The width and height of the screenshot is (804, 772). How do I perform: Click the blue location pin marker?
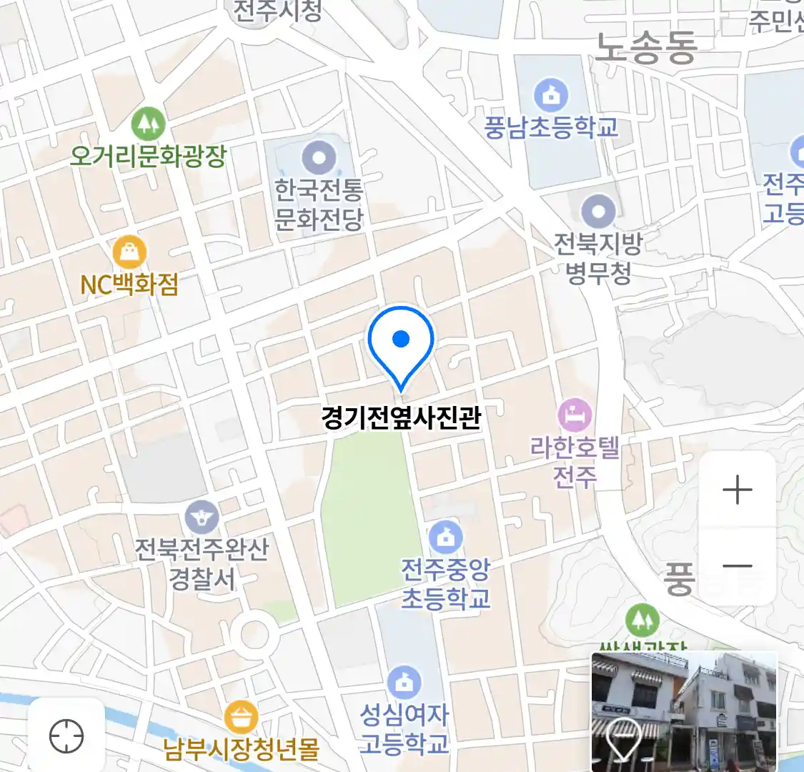click(401, 343)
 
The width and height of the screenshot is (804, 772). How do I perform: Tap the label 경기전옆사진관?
click(401, 417)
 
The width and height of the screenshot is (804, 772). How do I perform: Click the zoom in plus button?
click(737, 490)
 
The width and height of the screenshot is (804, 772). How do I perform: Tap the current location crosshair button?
click(66, 736)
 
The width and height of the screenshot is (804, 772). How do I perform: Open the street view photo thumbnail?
click(684, 711)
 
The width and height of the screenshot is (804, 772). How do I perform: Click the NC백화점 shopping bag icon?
click(129, 252)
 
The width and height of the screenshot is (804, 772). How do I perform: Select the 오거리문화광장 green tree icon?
click(148, 124)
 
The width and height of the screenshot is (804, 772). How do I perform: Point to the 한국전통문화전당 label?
click(319, 204)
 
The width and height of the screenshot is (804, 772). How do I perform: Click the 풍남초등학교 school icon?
click(550, 95)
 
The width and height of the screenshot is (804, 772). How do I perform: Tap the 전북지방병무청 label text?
click(598, 257)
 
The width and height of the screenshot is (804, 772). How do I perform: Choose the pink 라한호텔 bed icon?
click(575, 414)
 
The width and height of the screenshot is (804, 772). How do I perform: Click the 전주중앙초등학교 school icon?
click(446, 536)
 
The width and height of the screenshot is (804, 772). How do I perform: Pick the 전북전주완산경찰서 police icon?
click(202, 515)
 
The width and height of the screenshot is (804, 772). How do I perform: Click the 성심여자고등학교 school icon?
click(404, 683)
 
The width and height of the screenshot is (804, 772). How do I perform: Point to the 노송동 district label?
click(645, 48)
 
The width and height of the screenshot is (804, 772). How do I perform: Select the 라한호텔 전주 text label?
click(575, 462)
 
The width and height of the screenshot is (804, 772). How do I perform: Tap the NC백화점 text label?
click(129, 284)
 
